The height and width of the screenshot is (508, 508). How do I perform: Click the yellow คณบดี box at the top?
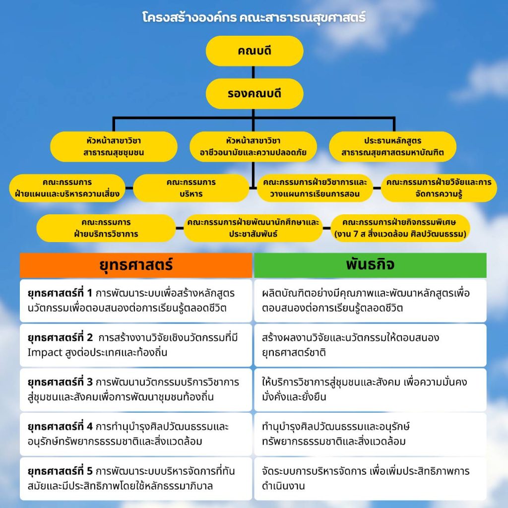[254, 51]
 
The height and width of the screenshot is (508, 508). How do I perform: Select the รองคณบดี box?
[254, 93]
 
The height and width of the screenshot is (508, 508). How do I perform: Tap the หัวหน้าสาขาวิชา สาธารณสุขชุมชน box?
[114, 146]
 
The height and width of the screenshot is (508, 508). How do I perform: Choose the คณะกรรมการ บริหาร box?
[191, 188]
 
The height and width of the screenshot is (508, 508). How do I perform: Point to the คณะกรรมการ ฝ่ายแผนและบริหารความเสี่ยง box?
[67, 188]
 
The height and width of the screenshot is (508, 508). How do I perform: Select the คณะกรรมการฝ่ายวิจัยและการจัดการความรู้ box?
[439, 188]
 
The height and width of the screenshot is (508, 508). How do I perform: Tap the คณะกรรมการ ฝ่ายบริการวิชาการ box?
[106, 228]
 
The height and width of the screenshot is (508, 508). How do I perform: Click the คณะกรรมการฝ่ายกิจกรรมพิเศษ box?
[402, 228]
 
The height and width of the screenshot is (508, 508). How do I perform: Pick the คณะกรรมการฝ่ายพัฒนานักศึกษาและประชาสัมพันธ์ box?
[253, 228]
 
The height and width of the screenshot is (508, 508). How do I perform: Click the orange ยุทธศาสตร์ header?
[136, 265]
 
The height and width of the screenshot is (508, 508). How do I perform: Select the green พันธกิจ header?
[370, 265]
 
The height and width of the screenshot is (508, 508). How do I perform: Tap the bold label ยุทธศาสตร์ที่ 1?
[60, 293]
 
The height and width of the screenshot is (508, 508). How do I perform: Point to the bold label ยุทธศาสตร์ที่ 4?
[60, 426]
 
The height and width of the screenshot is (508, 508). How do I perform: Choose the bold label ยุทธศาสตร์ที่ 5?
[60, 471]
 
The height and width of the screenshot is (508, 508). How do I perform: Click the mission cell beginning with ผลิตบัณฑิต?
[370, 300]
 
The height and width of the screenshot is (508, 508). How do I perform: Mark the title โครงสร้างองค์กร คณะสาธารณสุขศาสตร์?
[254, 18]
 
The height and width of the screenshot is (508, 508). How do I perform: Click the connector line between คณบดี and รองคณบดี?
[254, 72]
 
